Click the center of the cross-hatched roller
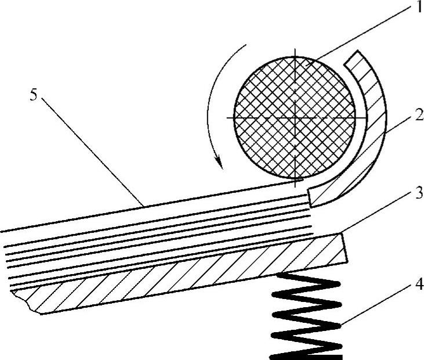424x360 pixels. [295, 117]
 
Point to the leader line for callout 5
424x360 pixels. [93, 151]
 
